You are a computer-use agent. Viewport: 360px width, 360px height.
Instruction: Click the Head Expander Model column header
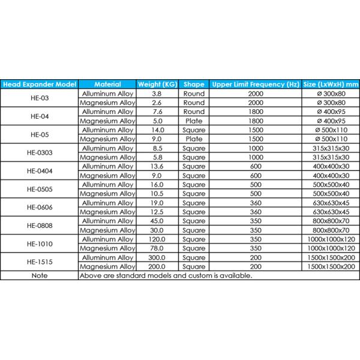pos(39,85)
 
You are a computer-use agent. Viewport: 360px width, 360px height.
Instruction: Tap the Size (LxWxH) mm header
pos(331,85)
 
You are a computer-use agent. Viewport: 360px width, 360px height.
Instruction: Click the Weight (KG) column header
pos(157,85)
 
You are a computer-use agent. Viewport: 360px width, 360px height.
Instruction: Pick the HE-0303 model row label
pos(39,153)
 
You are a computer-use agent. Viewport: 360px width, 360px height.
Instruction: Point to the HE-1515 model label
pos(39,262)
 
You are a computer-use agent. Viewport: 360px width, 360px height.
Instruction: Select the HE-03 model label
pos(39,98)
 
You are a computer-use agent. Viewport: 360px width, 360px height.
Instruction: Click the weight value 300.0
pos(157,257)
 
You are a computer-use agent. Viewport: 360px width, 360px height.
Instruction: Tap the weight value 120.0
pos(157,239)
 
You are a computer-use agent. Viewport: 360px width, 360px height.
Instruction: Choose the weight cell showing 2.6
pos(157,103)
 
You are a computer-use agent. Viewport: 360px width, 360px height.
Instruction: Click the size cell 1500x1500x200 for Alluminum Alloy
pos(331,257)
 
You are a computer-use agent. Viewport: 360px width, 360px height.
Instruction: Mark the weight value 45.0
pos(157,221)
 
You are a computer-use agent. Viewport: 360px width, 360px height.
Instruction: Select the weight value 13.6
pos(157,166)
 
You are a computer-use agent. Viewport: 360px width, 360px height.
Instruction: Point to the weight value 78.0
pos(157,248)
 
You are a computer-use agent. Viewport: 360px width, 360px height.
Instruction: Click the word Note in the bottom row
pos(39,275)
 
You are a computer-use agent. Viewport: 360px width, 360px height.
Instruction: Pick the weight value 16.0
pos(157,184)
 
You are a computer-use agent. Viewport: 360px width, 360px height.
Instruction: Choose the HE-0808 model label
pos(39,225)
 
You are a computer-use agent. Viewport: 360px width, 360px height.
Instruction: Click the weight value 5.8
pos(157,157)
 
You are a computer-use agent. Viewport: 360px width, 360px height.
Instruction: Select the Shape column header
pos(193,85)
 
